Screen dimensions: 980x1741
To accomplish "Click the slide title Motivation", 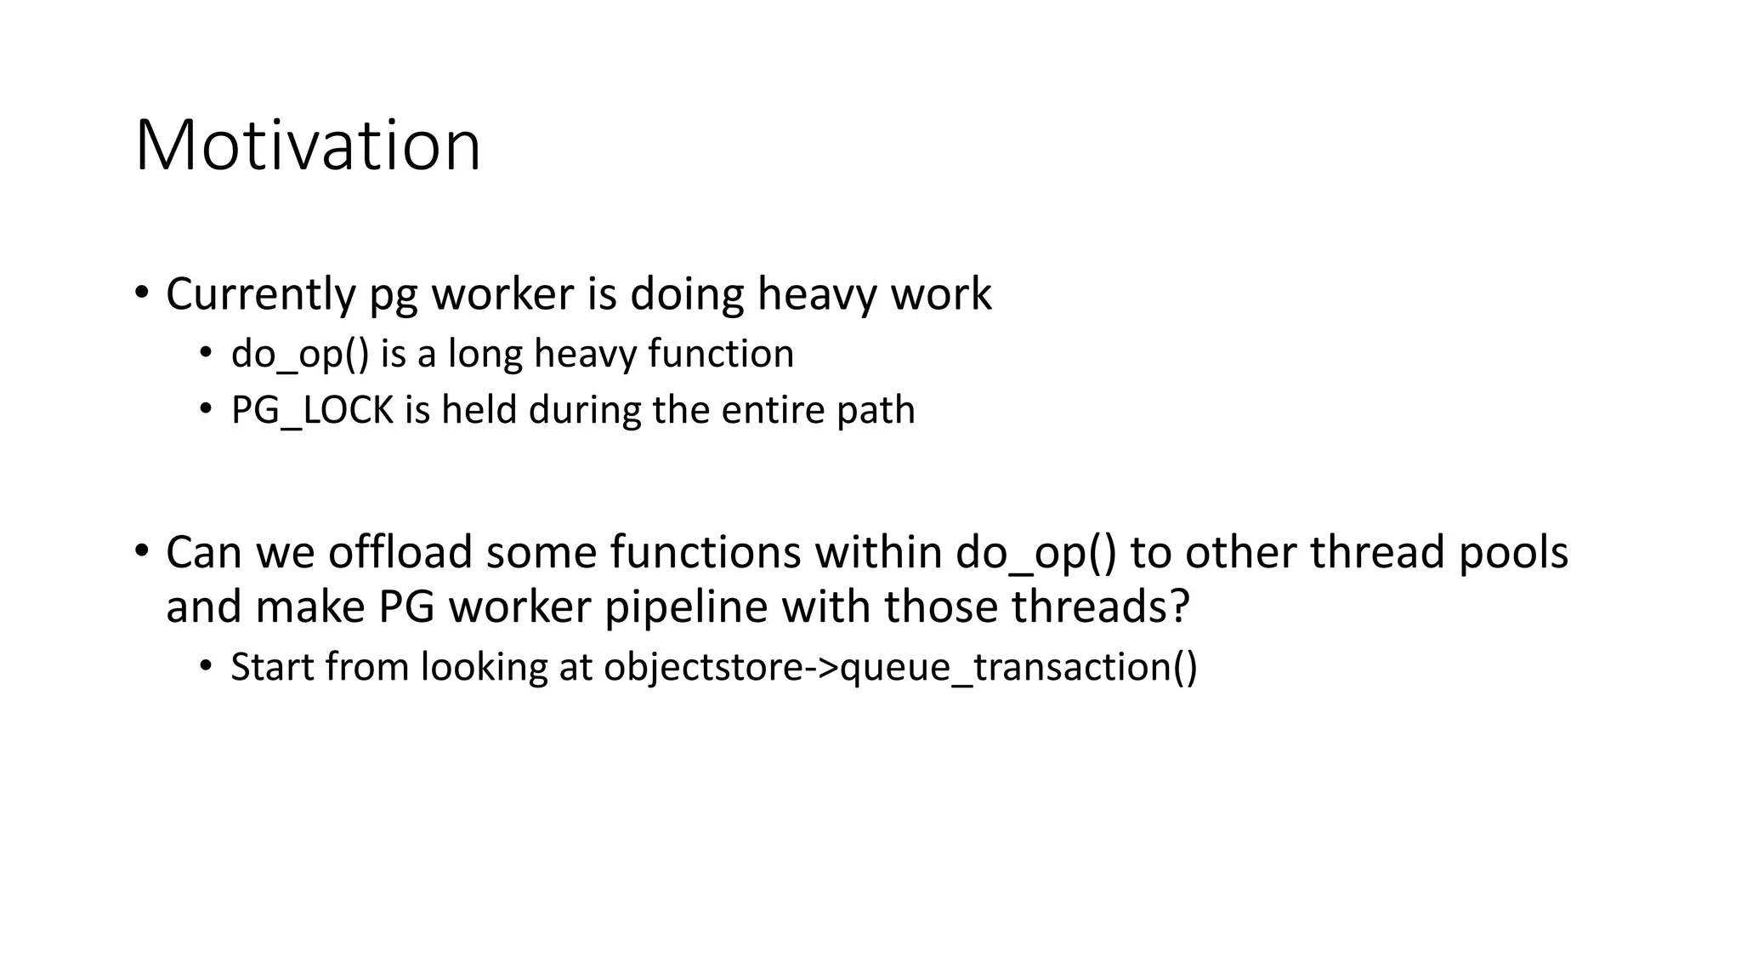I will point(308,146).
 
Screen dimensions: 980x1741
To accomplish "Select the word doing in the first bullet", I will point(687,294).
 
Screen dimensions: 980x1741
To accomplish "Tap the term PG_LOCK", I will point(312,411).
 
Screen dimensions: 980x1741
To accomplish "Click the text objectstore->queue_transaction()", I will point(900,667).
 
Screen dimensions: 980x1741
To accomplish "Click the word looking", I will point(485,667).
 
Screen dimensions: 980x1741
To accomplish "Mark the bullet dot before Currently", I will point(142,293).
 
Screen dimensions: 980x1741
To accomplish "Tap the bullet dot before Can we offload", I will point(142,551).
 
